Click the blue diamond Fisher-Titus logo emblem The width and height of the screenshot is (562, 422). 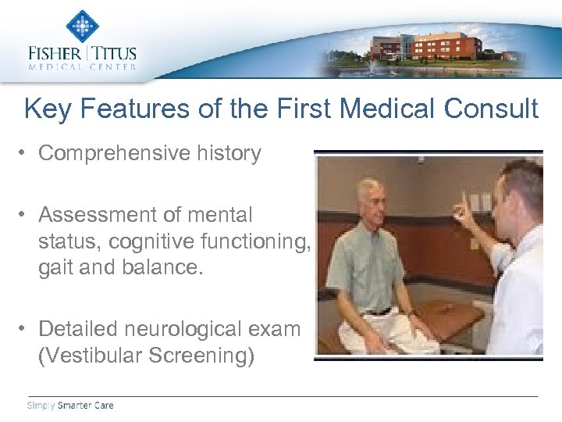(82, 26)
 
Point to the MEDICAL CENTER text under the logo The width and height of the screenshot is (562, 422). (82, 67)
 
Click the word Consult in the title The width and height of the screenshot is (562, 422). (491, 109)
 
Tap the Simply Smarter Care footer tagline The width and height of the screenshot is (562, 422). (70, 405)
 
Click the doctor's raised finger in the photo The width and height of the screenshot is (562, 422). (463, 201)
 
